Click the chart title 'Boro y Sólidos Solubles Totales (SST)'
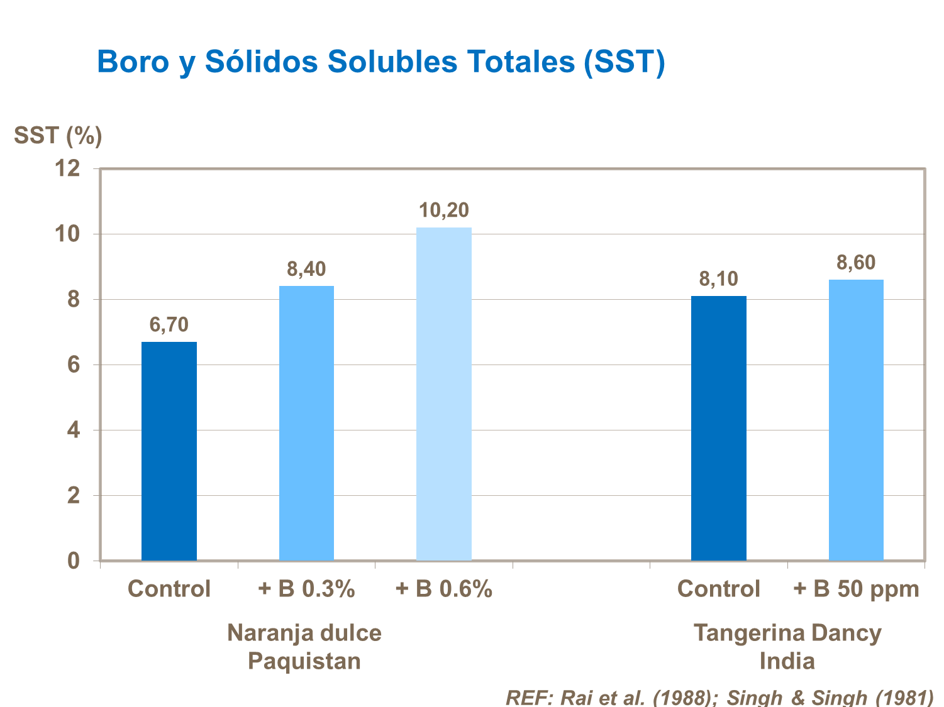[x=380, y=62]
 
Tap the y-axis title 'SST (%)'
[x=58, y=135]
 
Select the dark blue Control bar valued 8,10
[x=718, y=428]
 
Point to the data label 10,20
[x=444, y=211]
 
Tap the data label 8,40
[x=306, y=270]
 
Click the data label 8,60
[x=856, y=263]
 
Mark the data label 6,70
[x=169, y=325]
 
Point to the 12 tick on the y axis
[x=68, y=168]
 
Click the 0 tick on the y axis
[x=74, y=561]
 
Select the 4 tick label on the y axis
[x=74, y=430]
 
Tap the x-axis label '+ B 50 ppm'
[x=856, y=589]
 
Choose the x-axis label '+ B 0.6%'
[x=444, y=589]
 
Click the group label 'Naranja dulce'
[x=304, y=633]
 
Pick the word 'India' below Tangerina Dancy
[x=787, y=661]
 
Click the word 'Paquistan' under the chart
[x=304, y=661]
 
